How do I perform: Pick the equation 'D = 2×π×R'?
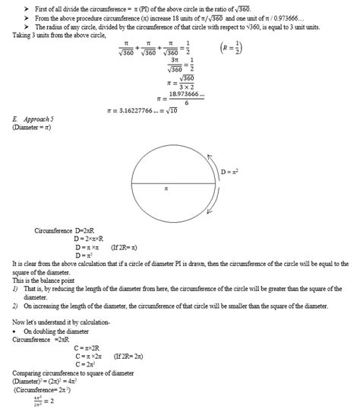(92, 239)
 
